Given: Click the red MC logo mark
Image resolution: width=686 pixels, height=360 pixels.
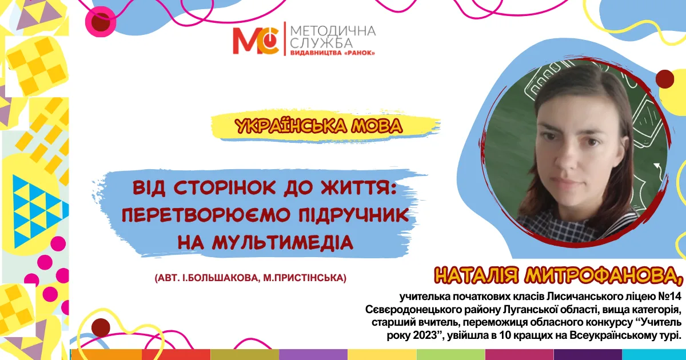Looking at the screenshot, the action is click(256, 41).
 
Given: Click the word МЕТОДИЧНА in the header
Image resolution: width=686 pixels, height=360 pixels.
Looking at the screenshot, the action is click(333, 31).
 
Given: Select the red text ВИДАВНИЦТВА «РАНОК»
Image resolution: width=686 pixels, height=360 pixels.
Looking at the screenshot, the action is click(333, 53).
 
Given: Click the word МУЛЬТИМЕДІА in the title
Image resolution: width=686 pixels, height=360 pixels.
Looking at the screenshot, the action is click(283, 243).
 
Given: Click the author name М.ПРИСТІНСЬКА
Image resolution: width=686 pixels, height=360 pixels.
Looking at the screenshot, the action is click(305, 278).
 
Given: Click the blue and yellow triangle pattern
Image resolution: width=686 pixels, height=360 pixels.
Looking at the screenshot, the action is click(38, 211).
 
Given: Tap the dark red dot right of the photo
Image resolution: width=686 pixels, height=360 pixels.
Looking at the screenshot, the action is click(664, 79).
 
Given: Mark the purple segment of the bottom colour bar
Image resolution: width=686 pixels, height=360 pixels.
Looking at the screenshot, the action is click(313, 354).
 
